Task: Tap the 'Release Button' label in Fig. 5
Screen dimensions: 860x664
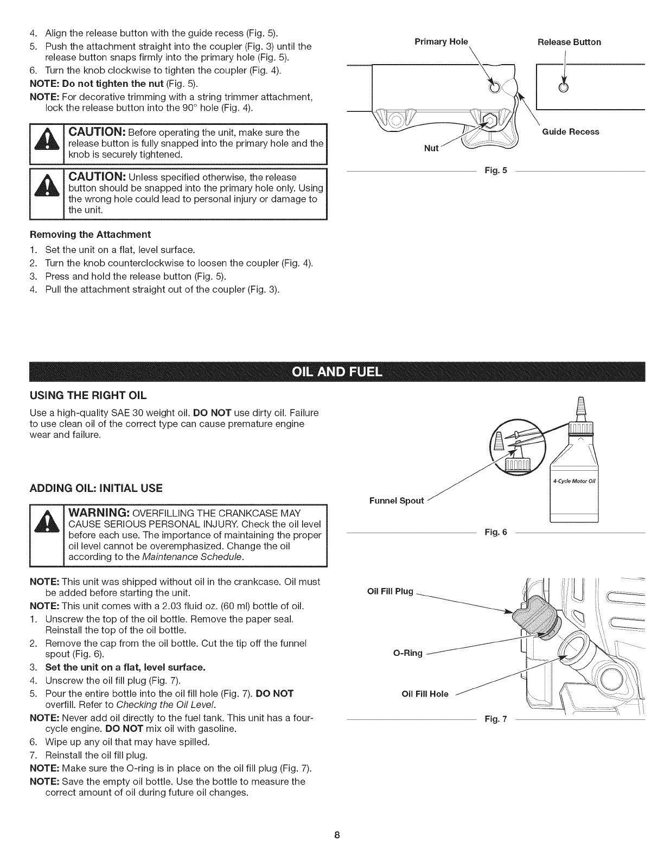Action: [x=569, y=42]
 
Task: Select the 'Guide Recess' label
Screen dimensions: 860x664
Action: [x=571, y=131]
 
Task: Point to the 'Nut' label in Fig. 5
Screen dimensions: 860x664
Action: [x=431, y=148]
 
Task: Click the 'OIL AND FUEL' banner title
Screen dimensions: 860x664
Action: [x=337, y=371]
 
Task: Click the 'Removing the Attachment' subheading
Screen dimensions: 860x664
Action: [x=90, y=234]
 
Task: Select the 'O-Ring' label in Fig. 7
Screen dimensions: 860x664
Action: [x=407, y=653]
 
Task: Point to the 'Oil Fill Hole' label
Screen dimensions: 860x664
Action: [x=425, y=693]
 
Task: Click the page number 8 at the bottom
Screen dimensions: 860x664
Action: [x=336, y=835]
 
